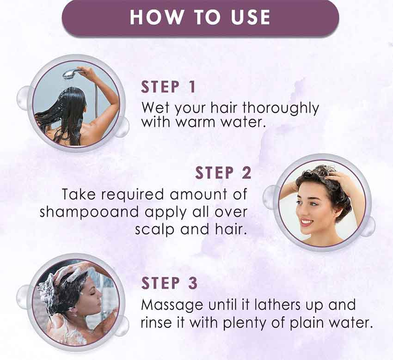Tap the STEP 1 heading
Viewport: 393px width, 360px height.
point(168,87)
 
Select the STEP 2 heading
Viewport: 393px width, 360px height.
point(223,173)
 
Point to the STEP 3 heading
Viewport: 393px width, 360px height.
point(169,283)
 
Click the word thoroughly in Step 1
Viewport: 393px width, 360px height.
point(281,109)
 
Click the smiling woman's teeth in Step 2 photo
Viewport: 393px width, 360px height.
point(307,222)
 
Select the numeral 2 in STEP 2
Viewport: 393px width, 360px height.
point(246,173)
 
